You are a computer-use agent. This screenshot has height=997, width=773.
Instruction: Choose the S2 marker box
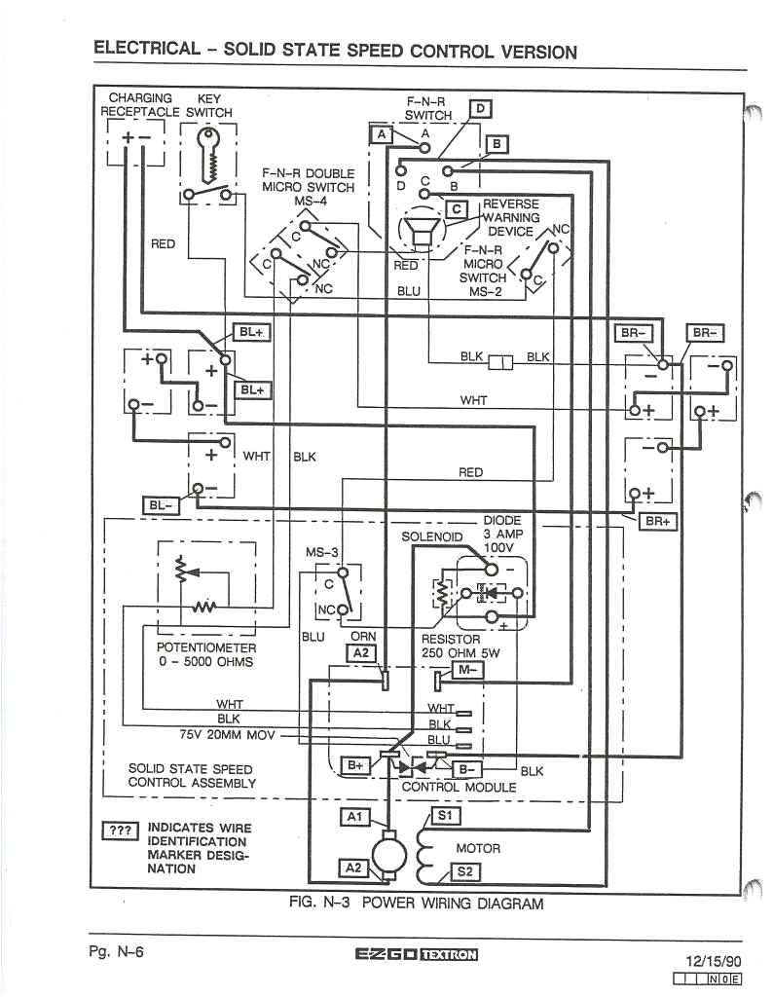point(462,872)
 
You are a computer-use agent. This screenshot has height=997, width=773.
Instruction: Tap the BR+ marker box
point(659,521)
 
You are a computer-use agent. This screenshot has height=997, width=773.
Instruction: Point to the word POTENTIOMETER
point(206,647)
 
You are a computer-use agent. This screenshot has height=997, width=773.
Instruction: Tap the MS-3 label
point(322,552)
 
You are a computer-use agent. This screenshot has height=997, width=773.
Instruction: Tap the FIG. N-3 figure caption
point(417,903)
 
